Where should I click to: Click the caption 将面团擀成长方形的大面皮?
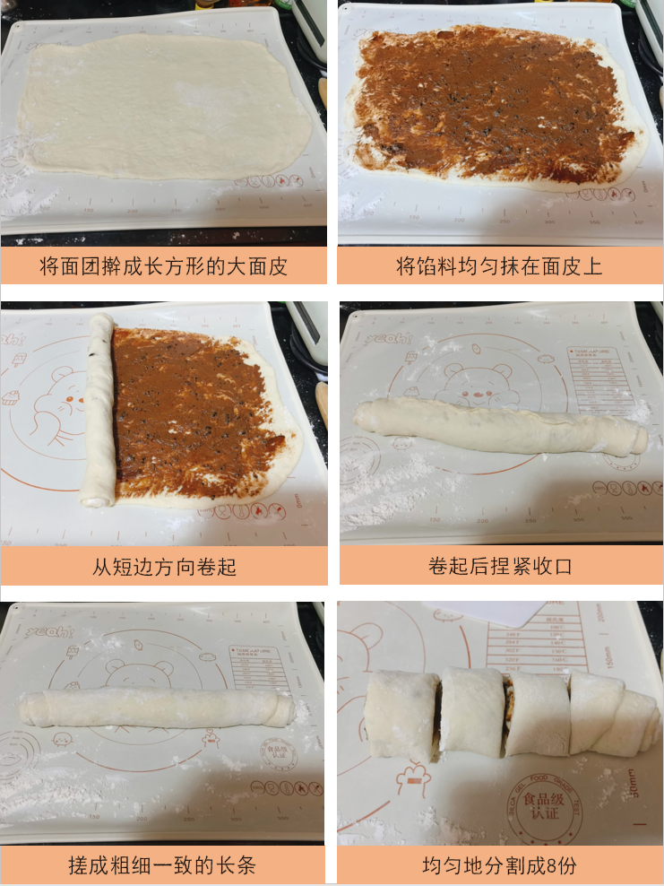click(x=164, y=266)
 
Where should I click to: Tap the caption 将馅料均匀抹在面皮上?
click(x=499, y=266)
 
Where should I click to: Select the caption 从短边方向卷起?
click(x=164, y=566)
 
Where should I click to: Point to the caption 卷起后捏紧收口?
click(x=499, y=566)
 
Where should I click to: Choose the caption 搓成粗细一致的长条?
click(x=164, y=865)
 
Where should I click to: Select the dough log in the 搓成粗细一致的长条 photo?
click(x=157, y=708)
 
